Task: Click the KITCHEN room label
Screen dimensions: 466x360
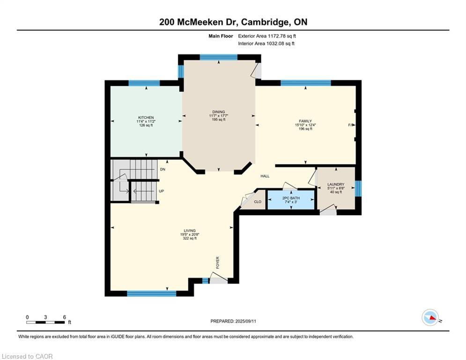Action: click(x=146, y=118)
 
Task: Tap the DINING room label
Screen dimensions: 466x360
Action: click(x=219, y=112)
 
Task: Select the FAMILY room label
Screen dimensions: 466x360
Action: click(x=305, y=121)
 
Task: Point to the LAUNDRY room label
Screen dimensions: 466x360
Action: click(x=336, y=185)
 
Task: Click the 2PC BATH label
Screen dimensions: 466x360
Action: click(x=291, y=198)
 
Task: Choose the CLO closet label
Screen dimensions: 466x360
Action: click(x=258, y=202)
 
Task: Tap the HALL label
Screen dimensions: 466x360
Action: click(x=265, y=176)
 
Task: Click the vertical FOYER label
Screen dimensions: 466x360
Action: click(x=218, y=262)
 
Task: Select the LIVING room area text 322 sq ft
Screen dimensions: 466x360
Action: click(x=190, y=238)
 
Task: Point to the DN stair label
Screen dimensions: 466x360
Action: click(x=163, y=169)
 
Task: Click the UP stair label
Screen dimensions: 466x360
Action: click(x=162, y=191)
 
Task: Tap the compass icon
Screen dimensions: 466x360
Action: click(x=430, y=317)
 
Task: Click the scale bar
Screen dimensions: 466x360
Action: click(x=45, y=322)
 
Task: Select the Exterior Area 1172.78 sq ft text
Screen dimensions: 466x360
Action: click(x=267, y=36)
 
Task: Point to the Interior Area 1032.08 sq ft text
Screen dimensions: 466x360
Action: click(x=266, y=44)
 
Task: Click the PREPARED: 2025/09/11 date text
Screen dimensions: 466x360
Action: click(x=233, y=321)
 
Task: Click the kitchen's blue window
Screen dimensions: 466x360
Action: click(x=144, y=83)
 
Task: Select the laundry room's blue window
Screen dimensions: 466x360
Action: click(x=358, y=188)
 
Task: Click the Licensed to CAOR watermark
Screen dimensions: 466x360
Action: click(x=27, y=356)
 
